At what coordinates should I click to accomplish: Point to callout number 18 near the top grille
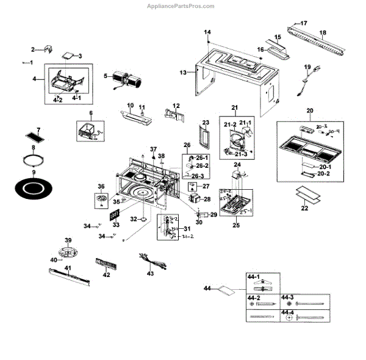323,32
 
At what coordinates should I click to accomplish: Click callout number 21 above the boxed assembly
235,108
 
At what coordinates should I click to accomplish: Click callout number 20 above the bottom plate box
309,111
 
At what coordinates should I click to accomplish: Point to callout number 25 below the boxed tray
235,225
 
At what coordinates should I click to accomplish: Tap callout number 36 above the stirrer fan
101,187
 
